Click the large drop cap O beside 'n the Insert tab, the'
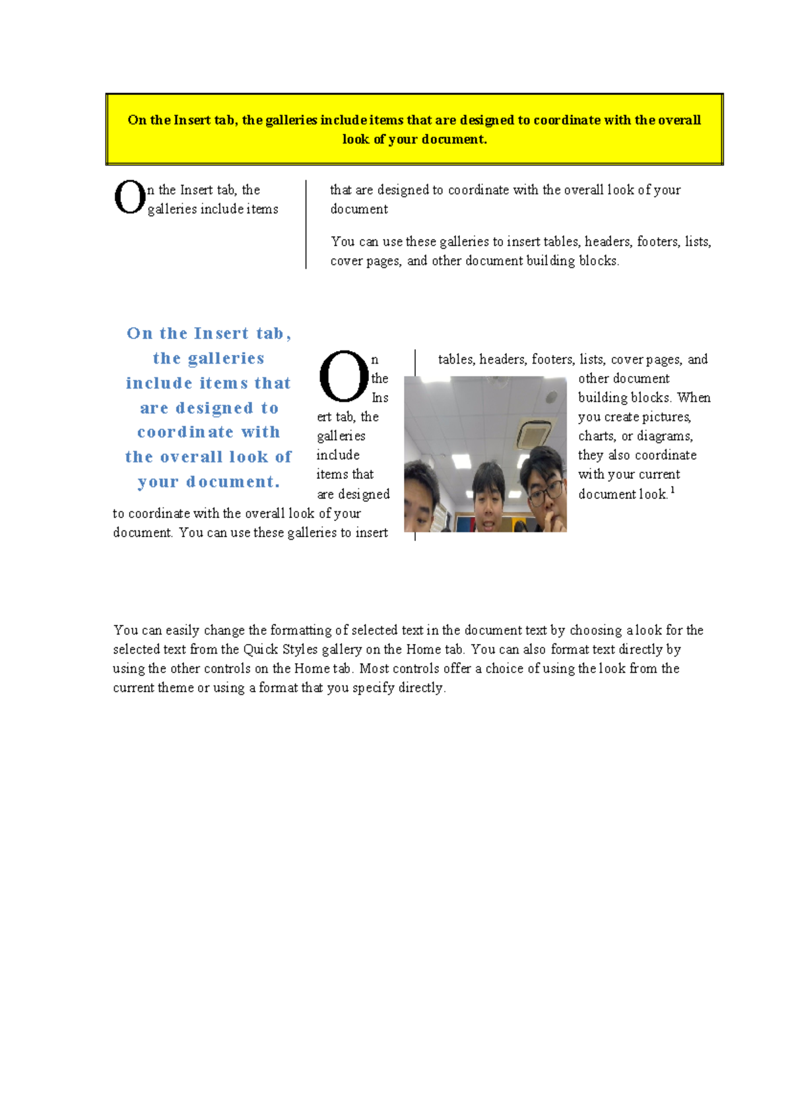129,197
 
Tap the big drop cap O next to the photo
343,377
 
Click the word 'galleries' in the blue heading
226,358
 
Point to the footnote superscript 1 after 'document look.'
673,490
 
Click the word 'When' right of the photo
694,398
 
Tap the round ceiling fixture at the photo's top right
551,397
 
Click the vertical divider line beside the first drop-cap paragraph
306,224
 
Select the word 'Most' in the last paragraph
374,668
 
